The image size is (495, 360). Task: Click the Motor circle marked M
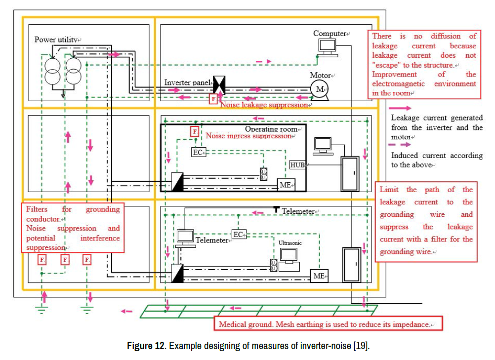pos(319,89)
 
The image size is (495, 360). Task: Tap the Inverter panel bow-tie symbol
pos(218,85)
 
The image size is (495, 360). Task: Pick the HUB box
pos(297,165)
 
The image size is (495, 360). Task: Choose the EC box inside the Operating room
pos(199,153)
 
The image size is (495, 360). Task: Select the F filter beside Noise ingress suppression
pos(195,132)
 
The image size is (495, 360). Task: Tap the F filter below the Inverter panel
pos(213,99)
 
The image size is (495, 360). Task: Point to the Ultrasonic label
pos(290,243)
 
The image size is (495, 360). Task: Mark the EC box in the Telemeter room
pos(239,235)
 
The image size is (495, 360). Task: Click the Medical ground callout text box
pos(328,324)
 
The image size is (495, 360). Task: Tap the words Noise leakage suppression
pos(264,105)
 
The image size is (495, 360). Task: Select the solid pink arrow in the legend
pos(401,107)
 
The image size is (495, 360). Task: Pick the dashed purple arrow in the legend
pos(401,145)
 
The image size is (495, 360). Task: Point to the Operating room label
pos(272,129)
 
